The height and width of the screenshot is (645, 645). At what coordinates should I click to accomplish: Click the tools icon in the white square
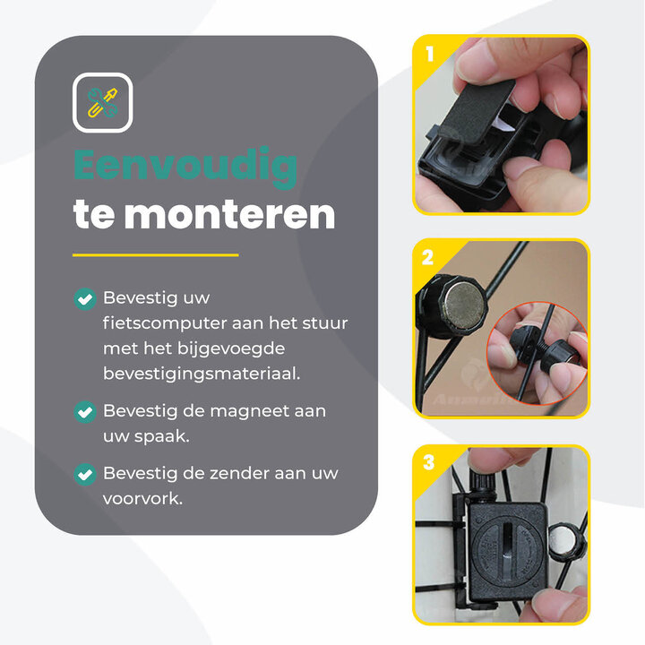(x=102, y=103)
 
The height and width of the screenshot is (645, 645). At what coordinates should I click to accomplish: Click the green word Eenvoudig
(x=185, y=167)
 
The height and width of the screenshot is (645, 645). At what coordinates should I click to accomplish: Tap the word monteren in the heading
(x=229, y=214)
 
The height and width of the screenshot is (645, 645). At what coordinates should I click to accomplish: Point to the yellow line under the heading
(x=156, y=255)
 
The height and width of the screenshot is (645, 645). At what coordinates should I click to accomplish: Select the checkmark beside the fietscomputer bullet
(x=85, y=298)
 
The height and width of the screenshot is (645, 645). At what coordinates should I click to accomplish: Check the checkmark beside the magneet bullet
(x=85, y=412)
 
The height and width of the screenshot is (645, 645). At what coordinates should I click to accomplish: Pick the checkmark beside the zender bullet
(x=85, y=474)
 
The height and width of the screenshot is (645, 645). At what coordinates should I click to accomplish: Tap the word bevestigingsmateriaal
(x=202, y=374)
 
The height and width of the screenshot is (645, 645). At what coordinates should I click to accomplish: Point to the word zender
(x=238, y=474)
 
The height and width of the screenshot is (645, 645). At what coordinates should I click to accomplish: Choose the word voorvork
(x=142, y=499)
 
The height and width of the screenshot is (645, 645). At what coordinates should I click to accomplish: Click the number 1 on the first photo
(x=429, y=54)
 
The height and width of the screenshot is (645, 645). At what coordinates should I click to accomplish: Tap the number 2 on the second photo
(x=428, y=257)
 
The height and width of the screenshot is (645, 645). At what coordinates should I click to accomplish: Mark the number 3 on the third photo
(x=428, y=462)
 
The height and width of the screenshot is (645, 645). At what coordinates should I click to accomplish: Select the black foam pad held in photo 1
(x=479, y=111)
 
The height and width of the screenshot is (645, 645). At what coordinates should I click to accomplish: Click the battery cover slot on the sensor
(x=508, y=545)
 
